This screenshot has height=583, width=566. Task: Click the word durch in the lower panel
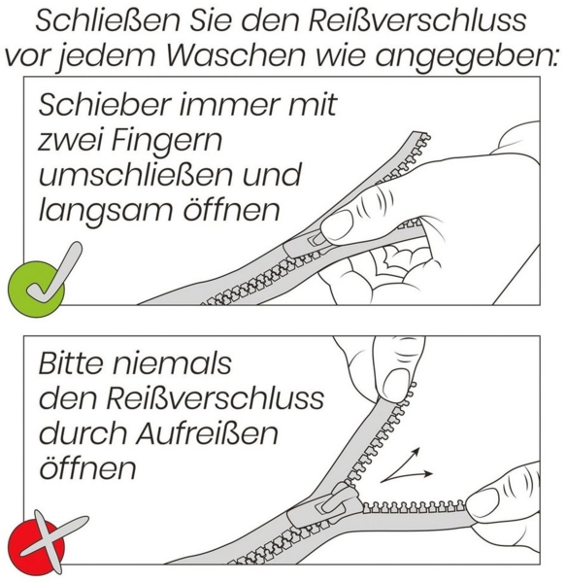[x=80, y=432]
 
